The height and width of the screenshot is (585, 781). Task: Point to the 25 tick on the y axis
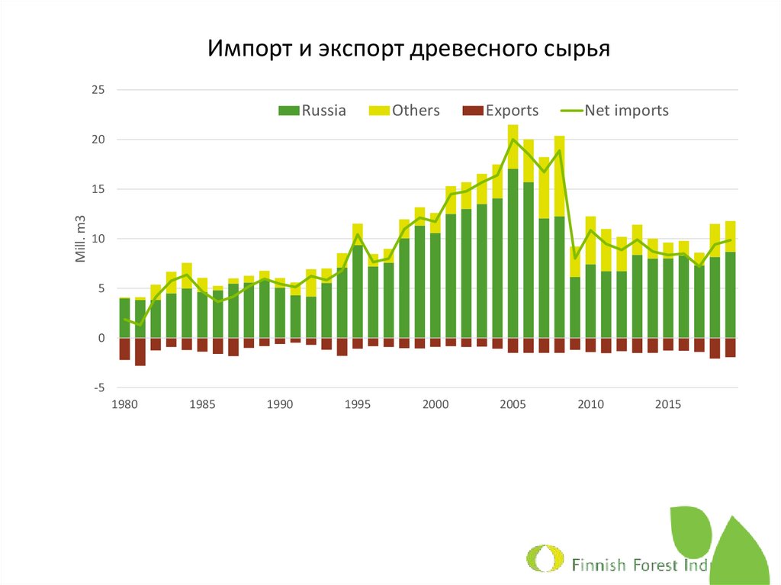click(x=98, y=90)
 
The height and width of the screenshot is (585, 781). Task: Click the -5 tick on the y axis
click(x=98, y=387)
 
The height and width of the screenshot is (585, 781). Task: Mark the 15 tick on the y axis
click(x=98, y=189)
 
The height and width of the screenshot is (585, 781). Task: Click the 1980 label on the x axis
click(x=124, y=403)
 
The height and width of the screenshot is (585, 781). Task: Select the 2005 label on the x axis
click(x=513, y=403)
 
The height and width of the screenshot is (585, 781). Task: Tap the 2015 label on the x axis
click(x=667, y=403)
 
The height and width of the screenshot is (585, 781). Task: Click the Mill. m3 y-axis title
click(x=80, y=238)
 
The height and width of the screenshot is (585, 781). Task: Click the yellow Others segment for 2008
click(x=559, y=176)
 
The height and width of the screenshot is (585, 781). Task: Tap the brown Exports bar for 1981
click(x=140, y=352)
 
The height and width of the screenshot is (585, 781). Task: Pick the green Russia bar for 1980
click(x=124, y=318)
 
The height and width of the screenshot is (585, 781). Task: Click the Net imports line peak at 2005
click(x=513, y=139)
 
